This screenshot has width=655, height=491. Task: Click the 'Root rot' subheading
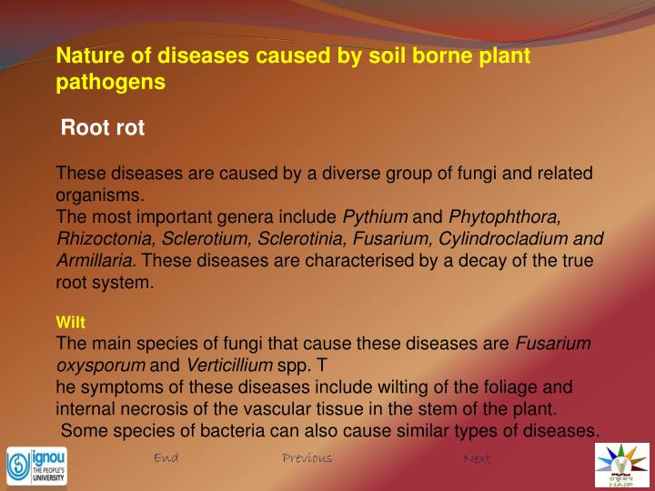[x=102, y=128]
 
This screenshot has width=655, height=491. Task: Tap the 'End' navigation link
[x=166, y=457]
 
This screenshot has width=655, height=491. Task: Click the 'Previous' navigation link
[x=307, y=457]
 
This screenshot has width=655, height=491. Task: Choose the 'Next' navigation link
[x=477, y=458]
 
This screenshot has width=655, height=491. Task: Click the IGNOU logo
[x=36, y=465]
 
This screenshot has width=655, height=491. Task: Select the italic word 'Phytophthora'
[x=505, y=217]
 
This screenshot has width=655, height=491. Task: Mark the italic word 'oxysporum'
[x=101, y=366]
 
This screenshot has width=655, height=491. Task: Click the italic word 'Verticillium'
[x=229, y=366]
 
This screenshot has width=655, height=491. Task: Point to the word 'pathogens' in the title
[x=111, y=82]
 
